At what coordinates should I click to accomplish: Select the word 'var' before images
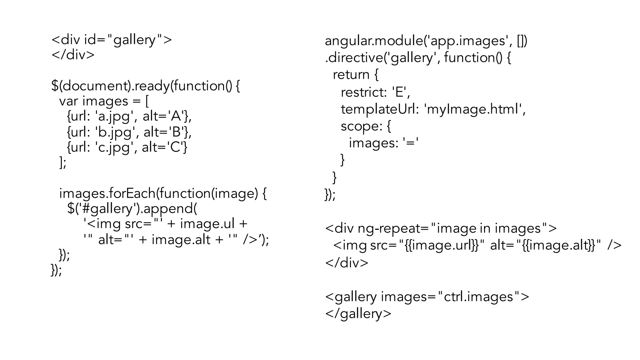[68, 101]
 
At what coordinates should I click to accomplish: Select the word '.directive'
[353, 58]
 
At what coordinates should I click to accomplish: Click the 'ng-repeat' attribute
[389, 228]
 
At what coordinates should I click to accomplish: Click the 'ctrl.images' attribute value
[478, 297]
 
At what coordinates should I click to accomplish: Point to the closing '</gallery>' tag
[358, 313]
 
